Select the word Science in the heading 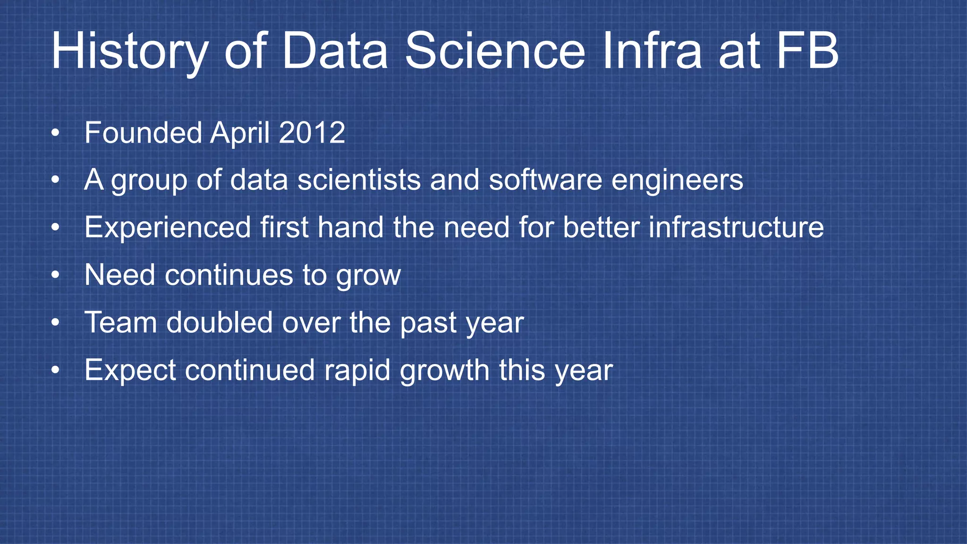(x=495, y=51)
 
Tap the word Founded (x=143, y=133)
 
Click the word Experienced (x=167, y=227)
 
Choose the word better (x=601, y=227)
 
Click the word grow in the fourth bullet (x=368, y=276)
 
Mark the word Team (x=120, y=323)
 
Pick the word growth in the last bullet (x=444, y=370)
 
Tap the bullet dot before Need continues (x=56, y=275)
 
